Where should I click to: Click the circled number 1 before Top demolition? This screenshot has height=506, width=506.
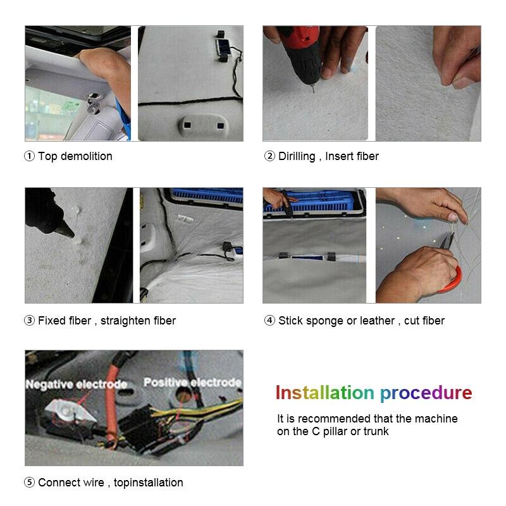29,156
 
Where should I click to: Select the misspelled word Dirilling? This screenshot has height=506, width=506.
297,156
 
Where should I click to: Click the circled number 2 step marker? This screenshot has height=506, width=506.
269,156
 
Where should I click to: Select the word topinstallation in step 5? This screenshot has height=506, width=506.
149,483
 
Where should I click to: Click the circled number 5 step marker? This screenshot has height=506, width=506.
29,483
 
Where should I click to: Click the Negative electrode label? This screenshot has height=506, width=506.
76,384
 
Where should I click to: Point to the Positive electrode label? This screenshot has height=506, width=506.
192,383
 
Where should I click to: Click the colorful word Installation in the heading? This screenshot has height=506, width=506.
324,393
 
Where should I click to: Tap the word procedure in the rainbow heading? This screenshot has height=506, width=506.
426,393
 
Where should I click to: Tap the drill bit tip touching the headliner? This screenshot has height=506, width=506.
314,92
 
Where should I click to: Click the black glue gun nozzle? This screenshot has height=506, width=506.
66,228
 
